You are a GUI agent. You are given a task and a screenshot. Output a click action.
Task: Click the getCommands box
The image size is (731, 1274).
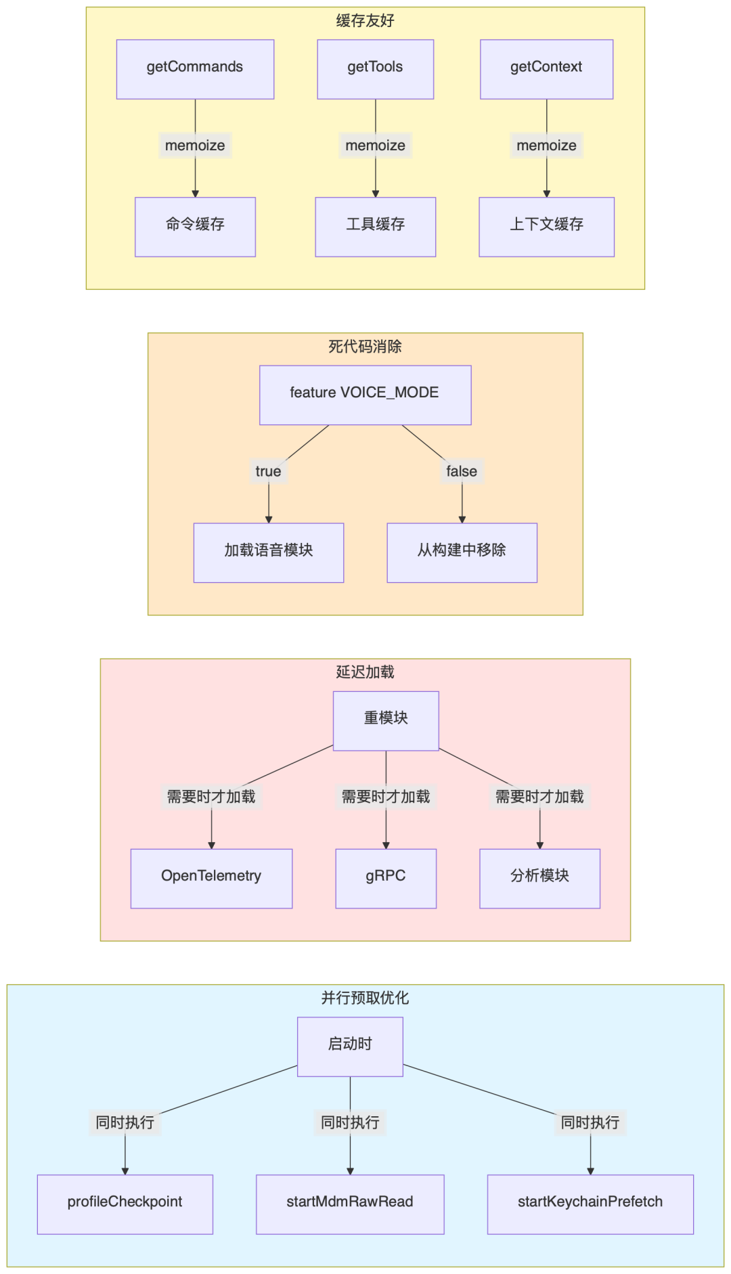coord(195,69)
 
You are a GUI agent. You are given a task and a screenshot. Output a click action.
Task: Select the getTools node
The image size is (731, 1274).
coord(375,69)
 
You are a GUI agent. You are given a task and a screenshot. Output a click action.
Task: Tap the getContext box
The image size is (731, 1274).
coord(546,69)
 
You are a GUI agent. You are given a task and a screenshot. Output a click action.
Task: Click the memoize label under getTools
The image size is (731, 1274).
coord(375,146)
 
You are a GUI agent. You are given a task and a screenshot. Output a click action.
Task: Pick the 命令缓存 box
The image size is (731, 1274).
coord(195,227)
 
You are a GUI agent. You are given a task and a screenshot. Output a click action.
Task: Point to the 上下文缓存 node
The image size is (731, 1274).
coord(546,227)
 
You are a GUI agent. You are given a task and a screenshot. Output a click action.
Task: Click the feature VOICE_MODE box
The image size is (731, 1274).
coord(365,395)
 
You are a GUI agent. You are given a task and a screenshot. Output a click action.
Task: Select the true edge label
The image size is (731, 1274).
coord(268,471)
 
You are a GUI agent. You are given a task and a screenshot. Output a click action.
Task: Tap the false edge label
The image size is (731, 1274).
coord(462,471)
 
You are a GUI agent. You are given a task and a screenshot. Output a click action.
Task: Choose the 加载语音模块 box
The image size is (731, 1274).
coord(268,552)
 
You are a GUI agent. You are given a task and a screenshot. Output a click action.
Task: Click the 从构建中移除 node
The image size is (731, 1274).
coord(462,552)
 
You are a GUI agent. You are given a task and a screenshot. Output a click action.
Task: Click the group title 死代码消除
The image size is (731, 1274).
coord(365,347)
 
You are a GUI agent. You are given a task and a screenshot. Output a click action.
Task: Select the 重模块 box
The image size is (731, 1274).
coord(386,721)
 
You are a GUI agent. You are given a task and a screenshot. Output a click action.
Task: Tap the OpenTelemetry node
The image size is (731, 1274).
coord(211,878)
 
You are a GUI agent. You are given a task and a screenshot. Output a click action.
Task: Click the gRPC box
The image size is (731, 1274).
coord(386,878)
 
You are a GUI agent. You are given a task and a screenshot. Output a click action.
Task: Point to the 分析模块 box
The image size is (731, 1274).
coord(539,878)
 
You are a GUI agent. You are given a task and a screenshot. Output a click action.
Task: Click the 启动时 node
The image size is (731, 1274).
coord(350,1047)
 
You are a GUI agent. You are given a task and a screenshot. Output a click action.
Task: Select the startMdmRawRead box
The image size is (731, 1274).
coord(350,1204)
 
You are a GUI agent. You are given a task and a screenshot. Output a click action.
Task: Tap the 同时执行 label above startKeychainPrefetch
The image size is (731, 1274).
coord(590,1122)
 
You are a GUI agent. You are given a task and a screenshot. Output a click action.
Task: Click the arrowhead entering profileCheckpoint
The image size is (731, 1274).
coord(125,1170)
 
